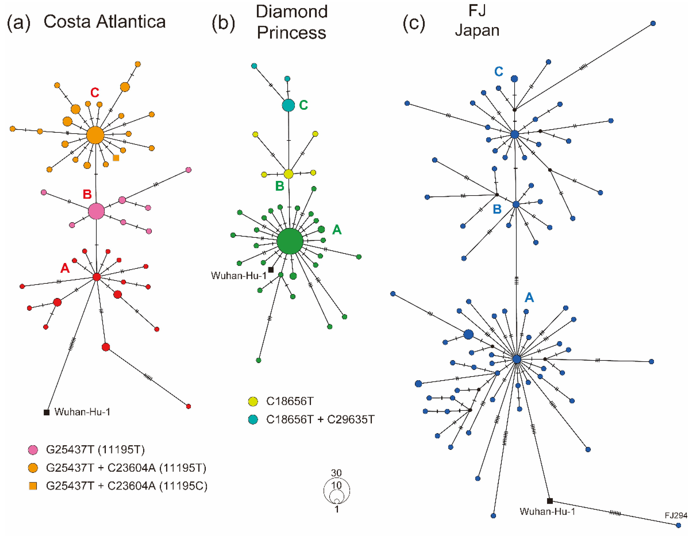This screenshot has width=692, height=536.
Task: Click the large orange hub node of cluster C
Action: click(95, 135)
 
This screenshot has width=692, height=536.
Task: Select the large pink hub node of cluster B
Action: click(96, 211)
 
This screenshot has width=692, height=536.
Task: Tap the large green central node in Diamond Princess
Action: click(290, 241)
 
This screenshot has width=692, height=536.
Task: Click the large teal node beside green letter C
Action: click(288, 105)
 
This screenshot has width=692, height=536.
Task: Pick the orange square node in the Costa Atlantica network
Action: click(116, 158)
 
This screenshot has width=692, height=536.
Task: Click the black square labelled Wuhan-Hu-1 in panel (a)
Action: click(47, 412)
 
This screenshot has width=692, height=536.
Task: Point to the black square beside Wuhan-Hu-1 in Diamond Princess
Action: click(271, 270)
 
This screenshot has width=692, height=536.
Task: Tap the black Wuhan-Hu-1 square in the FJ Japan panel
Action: click(550, 501)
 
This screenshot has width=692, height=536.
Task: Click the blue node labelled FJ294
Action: click(678, 525)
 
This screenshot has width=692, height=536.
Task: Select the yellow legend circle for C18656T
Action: click(253, 401)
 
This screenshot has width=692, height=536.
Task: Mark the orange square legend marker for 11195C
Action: click(33, 486)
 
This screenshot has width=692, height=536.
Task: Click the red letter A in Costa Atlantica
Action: click(65, 268)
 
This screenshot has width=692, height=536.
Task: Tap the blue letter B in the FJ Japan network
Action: click(497, 209)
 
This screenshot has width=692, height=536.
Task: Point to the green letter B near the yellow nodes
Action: click(280, 186)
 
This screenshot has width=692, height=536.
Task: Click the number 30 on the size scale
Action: click(336, 473)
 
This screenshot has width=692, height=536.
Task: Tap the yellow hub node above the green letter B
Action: click(288, 174)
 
